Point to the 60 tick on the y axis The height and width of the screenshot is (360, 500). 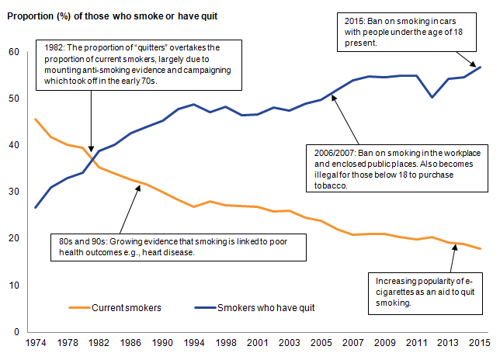(x=13, y=52)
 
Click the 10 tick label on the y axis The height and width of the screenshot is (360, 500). (x=13, y=286)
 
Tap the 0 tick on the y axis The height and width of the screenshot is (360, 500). (x=16, y=332)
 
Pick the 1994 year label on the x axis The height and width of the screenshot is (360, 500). (x=193, y=342)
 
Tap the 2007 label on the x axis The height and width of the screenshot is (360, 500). (x=354, y=342)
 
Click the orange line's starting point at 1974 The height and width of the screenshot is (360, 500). (x=36, y=119)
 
